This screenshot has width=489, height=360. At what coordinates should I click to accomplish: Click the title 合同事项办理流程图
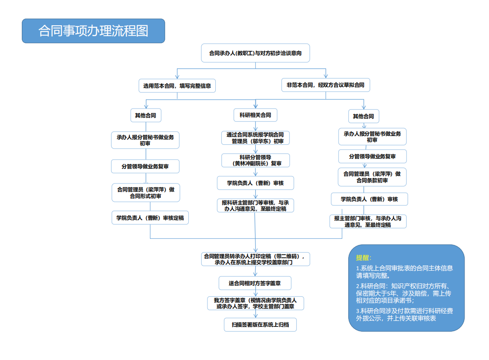pos(93,31)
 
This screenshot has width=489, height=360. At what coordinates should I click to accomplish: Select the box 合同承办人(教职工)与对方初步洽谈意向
pos(255,53)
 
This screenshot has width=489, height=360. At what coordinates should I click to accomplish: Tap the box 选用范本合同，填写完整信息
pos(177,86)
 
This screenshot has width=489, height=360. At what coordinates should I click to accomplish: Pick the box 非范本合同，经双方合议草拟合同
pos(326,85)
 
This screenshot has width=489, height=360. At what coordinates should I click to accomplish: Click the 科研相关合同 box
pos(255,115)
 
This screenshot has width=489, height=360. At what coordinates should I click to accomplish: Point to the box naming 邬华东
pos(255,138)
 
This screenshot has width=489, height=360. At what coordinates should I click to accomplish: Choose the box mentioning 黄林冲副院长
pos(255,160)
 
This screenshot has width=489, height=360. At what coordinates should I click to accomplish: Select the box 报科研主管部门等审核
pos(255,205)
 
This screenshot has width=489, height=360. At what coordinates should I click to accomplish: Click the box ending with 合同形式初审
pos(146,193)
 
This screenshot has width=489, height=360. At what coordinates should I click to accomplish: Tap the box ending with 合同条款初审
pos(372,177)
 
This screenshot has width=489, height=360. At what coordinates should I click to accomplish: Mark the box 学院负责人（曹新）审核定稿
pos(150,218)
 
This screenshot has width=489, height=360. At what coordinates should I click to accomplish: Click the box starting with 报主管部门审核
pos(368,221)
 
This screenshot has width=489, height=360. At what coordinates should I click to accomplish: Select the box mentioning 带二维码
pos(256,259)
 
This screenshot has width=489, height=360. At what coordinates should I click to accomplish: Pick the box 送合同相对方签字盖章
pos(255,283)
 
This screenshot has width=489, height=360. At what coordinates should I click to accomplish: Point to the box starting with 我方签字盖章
pos(255,303)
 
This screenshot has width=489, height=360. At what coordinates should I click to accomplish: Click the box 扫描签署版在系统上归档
pos(260,325)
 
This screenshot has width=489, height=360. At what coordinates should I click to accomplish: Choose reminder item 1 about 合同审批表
pos(404,272)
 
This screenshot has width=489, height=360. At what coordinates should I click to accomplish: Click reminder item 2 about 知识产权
pos(404,293)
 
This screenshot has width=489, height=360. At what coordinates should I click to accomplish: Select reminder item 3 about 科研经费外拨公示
pos(404,314)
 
